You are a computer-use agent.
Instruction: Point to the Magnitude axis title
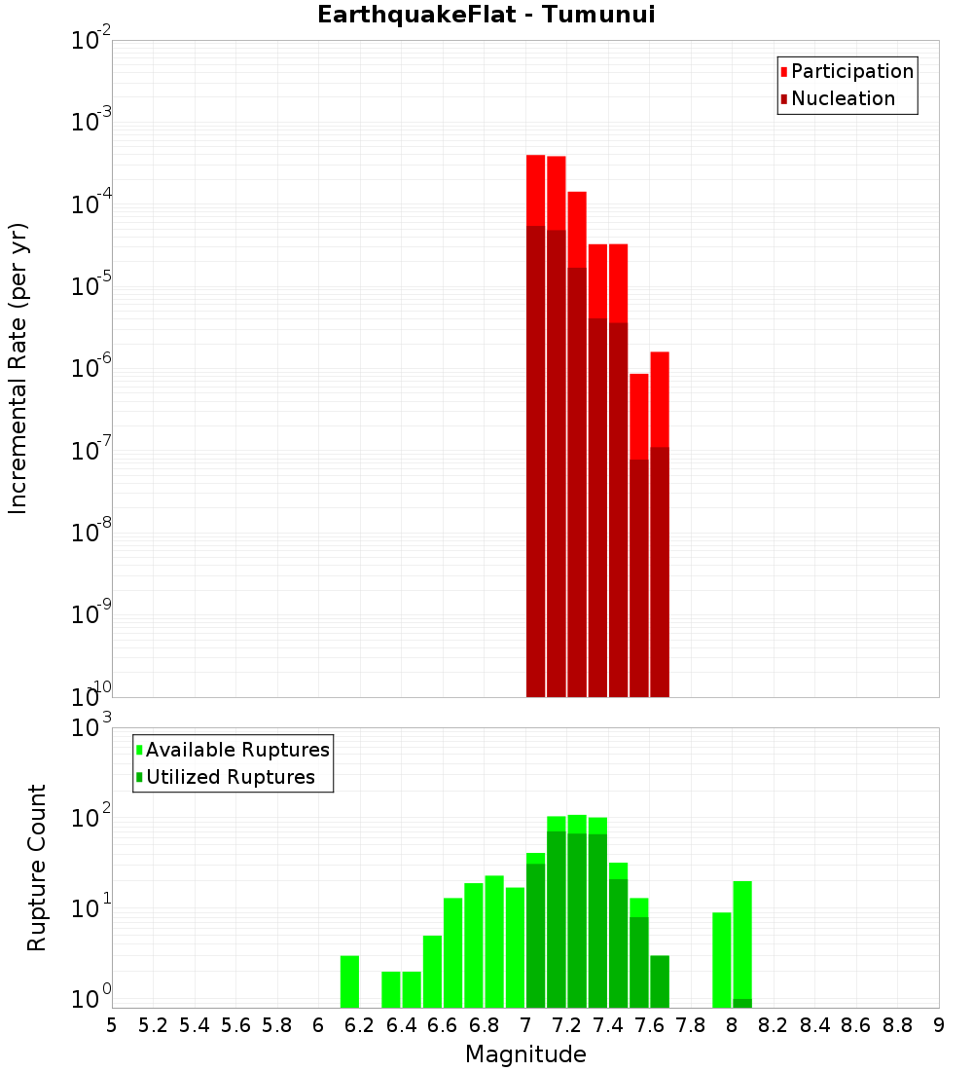(525, 1054)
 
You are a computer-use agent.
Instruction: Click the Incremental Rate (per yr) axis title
(18, 369)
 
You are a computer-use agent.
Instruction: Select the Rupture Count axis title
(37, 868)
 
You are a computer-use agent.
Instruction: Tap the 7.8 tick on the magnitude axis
(691, 1024)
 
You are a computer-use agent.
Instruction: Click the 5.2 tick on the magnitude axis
(154, 1024)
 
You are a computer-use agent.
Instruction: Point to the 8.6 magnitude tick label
(856, 1024)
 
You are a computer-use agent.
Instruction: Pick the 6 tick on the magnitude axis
(318, 1024)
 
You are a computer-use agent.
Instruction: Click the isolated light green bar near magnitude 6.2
(349, 981)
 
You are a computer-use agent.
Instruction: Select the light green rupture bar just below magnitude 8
(722, 959)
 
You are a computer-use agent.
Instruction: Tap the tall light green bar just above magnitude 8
(742, 939)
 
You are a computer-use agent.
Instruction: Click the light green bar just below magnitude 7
(515, 946)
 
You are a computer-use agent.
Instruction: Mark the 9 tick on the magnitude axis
(939, 1024)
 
